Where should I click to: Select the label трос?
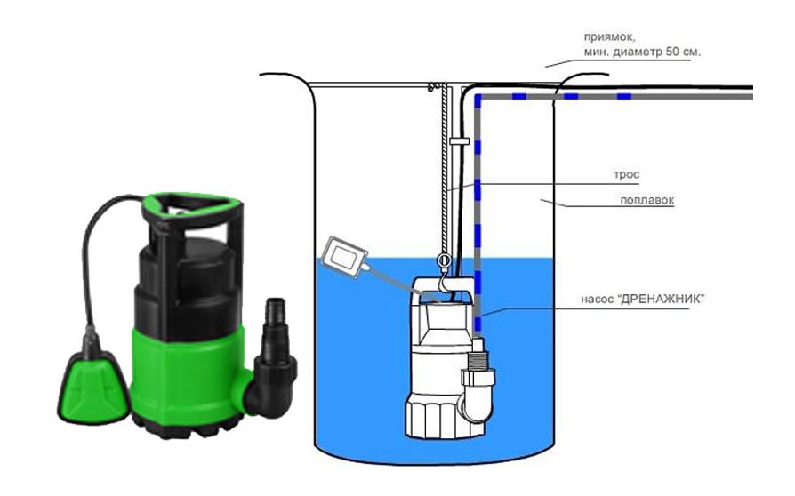pyautogui.click(x=627, y=175)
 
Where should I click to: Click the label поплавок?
pyautogui.click(x=647, y=200)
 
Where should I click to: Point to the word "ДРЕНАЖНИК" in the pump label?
pyautogui.click(x=661, y=299)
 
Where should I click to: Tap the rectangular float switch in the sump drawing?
pyautogui.click(x=345, y=255)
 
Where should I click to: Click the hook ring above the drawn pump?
pyautogui.click(x=444, y=260)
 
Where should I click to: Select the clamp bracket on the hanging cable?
pyautogui.click(x=459, y=140)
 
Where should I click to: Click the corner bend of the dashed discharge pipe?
pyautogui.click(x=478, y=96)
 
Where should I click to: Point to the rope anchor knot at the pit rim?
pyautogui.click(x=432, y=86)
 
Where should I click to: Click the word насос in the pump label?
pyautogui.click(x=598, y=300)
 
